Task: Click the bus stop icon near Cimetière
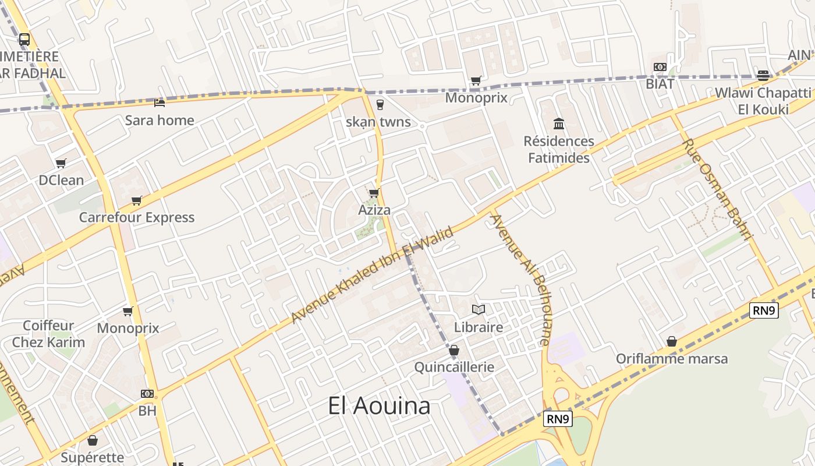pyautogui.click(x=24, y=40)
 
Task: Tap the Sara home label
pyautogui.click(x=160, y=121)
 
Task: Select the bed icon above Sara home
pyautogui.click(x=160, y=103)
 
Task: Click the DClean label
pyautogui.click(x=61, y=180)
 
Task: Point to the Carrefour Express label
pyautogui.click(x=137, y=217)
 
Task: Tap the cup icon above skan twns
pyautogui.click(x=380, y=105)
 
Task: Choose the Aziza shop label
pyautogui.click(x=374, y=210)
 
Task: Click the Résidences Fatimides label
pyautogui.click(x=559, y=150)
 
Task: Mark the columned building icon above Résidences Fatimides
pyautogui.click(x=559, y=123)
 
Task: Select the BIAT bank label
pyautogui.click(x=660, y=84)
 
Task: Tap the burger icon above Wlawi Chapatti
pyautogui.click(x=763, y=75)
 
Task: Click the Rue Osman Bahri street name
pyautogui.click(x=717, y=189)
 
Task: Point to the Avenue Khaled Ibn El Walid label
pyautogui.click(x=372, y=274)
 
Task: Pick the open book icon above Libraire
pyautogui.click(x=479, y=309)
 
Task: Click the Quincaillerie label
pyautogui.click(x=454, y=367)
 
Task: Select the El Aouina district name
pyautogui.click(x=379, y=406)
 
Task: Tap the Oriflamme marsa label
pyautogui.click(x=672, y=358)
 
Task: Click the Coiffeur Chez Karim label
pyautogui.click(x=49, y=334)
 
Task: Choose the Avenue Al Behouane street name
pyautogui.click(x=520, y=280)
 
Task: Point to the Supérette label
pyautogui.click(x=93, y=457)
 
